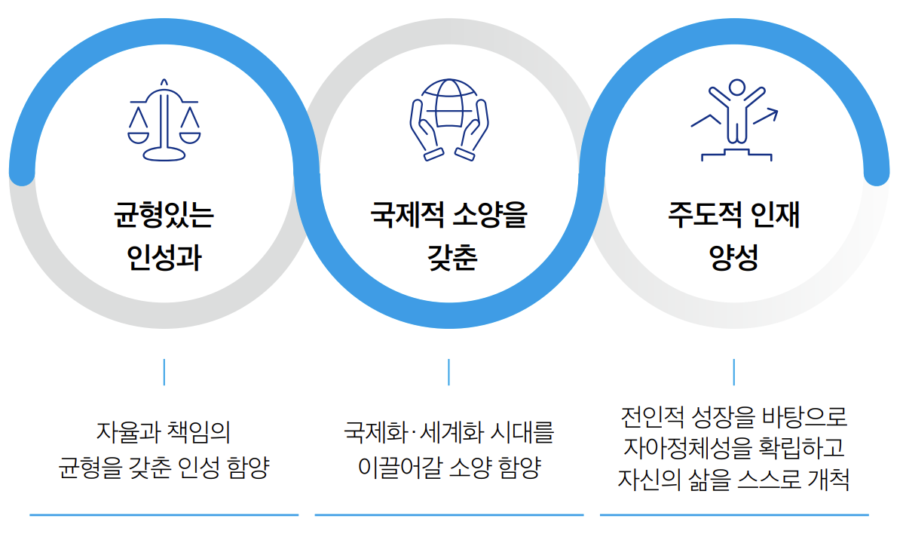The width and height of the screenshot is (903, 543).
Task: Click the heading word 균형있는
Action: point(164,216)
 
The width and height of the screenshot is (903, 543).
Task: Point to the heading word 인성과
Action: point(164,258)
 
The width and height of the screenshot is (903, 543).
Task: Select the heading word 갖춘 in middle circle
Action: point(449,258)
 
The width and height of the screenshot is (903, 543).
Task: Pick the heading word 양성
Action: point(733,258)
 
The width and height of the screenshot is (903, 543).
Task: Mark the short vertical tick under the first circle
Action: point(164,372)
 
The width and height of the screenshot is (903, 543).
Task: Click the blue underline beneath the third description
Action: point(734,515)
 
